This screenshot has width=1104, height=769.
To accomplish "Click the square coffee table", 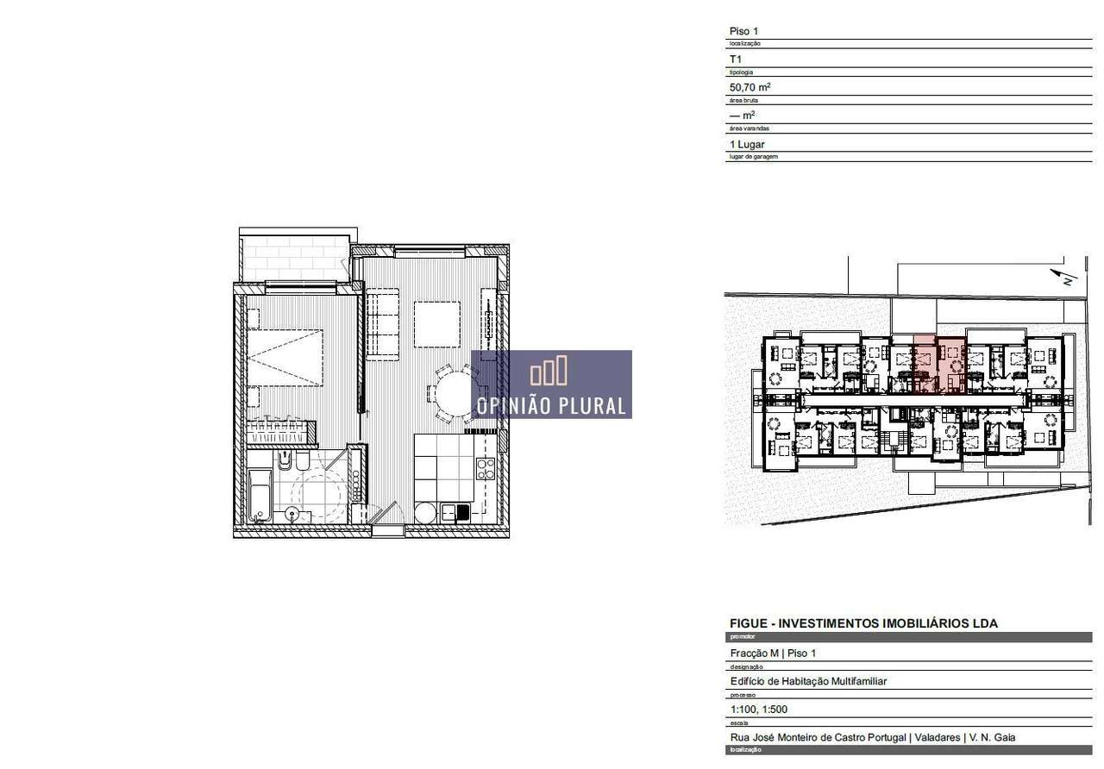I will coord(437,323).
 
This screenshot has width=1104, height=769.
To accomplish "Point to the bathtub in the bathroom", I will coord(259,495).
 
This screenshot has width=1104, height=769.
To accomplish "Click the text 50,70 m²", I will coord(750,87).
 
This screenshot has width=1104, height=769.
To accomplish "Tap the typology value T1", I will coord(736,59).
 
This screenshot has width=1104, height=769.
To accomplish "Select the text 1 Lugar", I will coord(747,144).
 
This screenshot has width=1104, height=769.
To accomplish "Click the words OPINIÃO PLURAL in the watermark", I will coord(552,405).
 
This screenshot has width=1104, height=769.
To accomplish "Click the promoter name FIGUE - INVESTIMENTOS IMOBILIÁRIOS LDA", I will coord(863,623).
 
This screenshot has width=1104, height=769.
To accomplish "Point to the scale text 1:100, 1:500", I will coord(758,710).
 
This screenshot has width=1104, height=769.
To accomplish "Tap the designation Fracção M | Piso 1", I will coord(773,653).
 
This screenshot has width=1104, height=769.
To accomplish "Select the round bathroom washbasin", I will coord(293,515).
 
